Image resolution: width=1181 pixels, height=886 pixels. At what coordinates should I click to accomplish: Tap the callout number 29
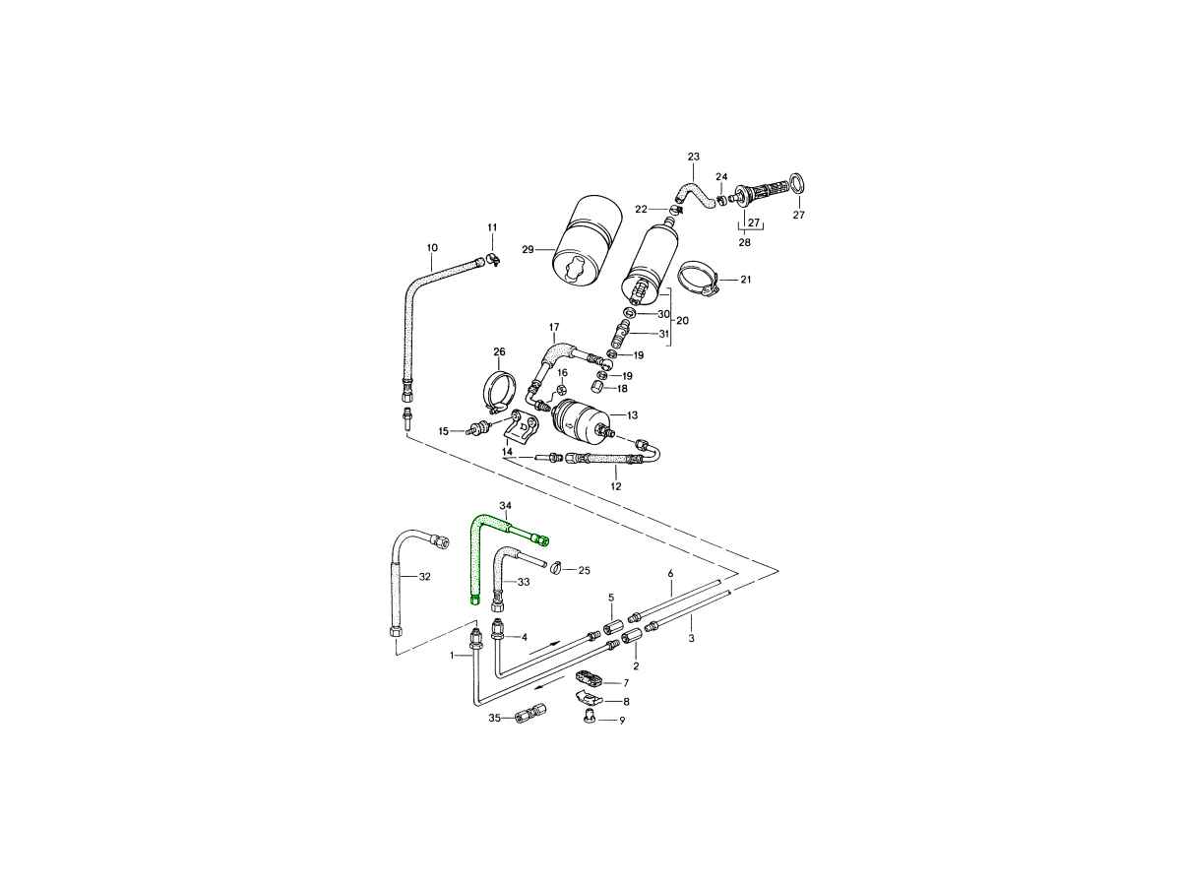coord(528,249)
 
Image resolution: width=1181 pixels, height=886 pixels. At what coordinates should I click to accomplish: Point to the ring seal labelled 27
coord(798,182)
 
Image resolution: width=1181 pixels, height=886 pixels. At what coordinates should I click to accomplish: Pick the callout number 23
coord(694,157)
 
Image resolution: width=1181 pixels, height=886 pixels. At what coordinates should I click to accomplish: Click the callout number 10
coord(432,248)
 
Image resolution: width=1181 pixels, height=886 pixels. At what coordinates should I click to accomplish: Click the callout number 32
coord(424,577)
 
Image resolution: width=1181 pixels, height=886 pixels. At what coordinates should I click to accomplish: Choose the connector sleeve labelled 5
coord(613,627)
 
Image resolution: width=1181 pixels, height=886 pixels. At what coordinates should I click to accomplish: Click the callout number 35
coord(494,718)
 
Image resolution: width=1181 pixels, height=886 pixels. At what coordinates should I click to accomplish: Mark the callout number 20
coord(682,321)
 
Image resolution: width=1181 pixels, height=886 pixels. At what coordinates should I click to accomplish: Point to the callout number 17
coord(554,327)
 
